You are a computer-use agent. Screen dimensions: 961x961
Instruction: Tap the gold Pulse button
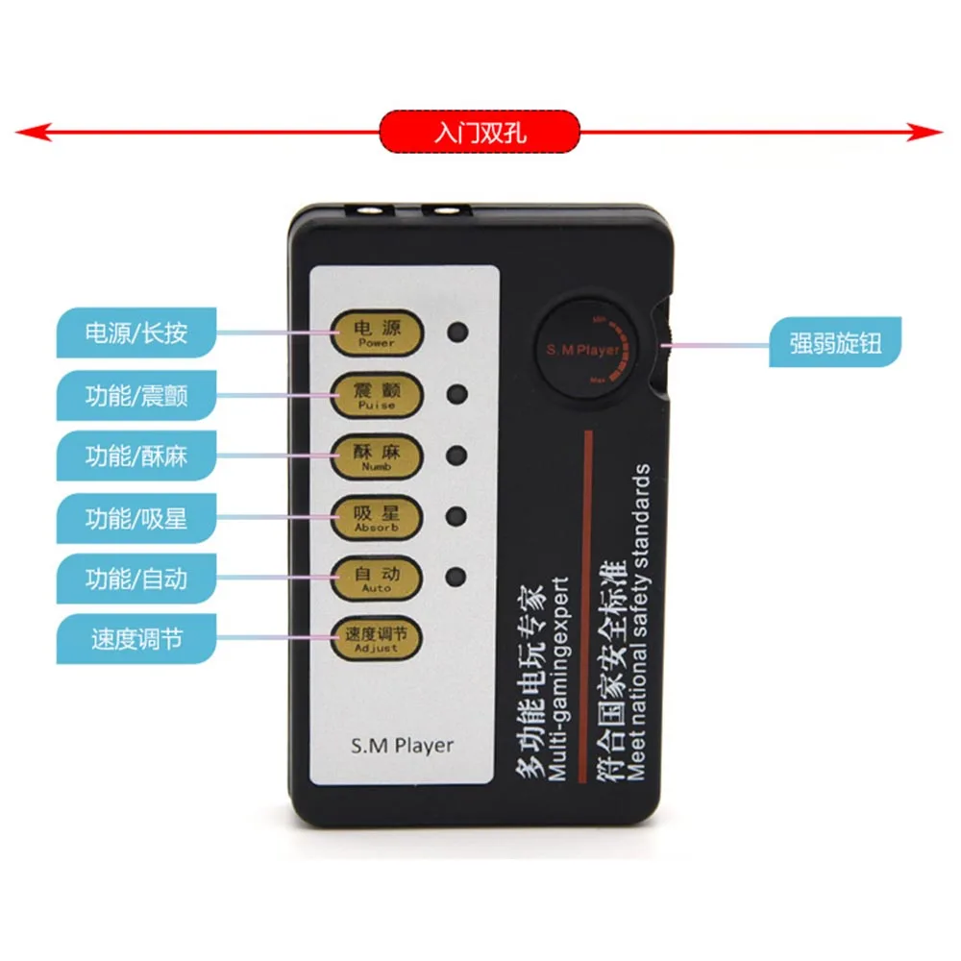point(376,395)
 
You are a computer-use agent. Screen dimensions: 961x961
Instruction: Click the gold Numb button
point(376,456)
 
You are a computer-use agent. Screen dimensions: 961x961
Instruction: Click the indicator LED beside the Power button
point(458,333)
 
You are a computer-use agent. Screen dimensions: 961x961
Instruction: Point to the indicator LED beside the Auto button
point(458,578)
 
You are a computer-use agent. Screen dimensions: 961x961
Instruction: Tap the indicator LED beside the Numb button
point(458,456)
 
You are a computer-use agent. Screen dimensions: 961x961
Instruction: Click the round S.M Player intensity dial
point(583,351)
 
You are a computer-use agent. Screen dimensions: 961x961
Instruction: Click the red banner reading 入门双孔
point(480,132)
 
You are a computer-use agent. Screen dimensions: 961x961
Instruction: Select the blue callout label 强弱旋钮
point(835,343)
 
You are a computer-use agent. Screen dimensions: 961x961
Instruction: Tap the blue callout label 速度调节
point(136,640)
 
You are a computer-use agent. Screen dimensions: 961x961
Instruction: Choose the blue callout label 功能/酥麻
point(136,456)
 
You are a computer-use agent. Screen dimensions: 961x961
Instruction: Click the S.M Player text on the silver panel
point(402,744)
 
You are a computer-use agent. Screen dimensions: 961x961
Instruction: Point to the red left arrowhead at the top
point(29,133)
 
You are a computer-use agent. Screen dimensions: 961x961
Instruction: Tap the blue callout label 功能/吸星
point(136,519)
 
